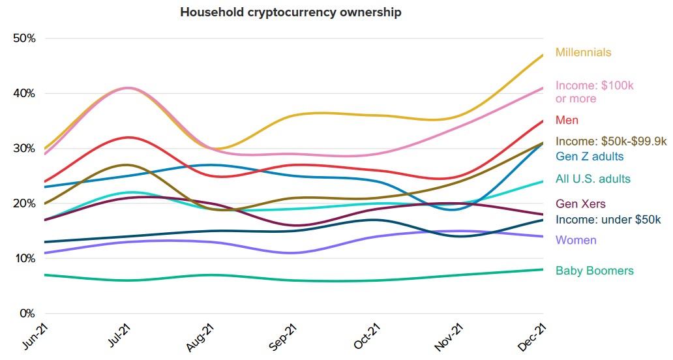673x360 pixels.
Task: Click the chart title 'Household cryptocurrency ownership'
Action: [x=291, y=12]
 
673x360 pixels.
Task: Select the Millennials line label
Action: [x=583, y=52]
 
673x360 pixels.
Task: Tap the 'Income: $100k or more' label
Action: [x=594, y=92]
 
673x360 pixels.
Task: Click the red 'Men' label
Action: [x=567, y=120]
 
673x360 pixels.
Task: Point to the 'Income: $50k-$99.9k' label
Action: [x=611, y=141]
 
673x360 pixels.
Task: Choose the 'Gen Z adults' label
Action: [x=590, y=157]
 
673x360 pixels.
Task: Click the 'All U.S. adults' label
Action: [x=593, y=179]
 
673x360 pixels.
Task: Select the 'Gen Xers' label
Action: [x=580, y=204]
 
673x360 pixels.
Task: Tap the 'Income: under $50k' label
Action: [x=608, y=220]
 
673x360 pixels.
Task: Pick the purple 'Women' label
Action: [x=576, y=240]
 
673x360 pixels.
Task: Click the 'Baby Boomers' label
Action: [x=594, y=271]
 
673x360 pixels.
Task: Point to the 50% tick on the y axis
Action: [x=24, y=38]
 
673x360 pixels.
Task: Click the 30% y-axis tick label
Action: [x=24, y=148]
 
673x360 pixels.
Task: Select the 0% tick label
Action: [x=27, y=313]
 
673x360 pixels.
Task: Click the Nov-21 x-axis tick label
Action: [x=449, y=336]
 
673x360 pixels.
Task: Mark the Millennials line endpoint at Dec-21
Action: [x=543, y=55]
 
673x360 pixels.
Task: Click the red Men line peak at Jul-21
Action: [x=129, y=137]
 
